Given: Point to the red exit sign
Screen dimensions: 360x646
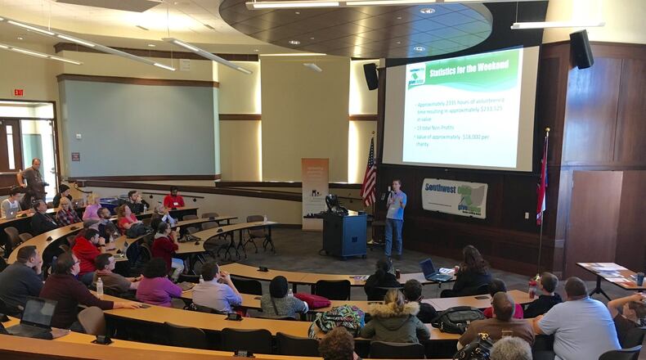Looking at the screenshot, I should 18,92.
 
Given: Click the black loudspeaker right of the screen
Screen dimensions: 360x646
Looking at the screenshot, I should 581,50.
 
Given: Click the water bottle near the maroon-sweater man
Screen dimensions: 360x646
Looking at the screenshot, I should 100,287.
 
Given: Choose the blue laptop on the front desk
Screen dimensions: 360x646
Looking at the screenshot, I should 431,269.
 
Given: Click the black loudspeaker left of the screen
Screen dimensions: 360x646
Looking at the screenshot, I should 371,76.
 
